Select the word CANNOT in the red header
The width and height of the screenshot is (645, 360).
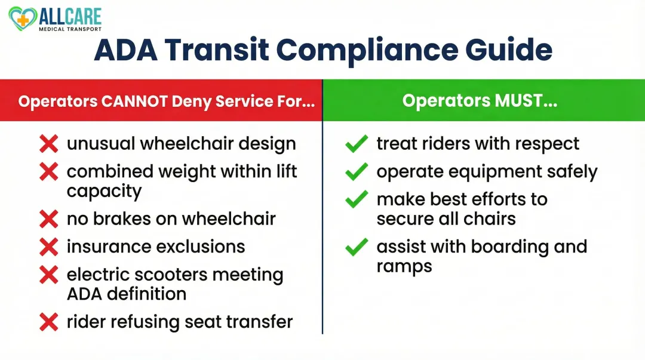[134, 101]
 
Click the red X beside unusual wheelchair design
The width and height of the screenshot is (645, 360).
[48, 144]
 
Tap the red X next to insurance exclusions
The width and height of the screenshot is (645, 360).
[48, 247]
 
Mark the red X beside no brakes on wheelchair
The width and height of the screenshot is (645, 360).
[48, 219]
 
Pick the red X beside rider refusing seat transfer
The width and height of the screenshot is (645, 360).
[48, 322]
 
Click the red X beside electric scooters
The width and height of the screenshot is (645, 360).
[48, 275]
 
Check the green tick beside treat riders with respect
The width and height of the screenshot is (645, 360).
[357, 144]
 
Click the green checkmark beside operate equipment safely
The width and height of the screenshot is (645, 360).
[357, 172]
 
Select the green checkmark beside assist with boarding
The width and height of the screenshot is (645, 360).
[357, 247]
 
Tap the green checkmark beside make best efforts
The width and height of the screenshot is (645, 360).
[357, 200]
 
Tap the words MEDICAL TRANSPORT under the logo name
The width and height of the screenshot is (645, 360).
[70, 29]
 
